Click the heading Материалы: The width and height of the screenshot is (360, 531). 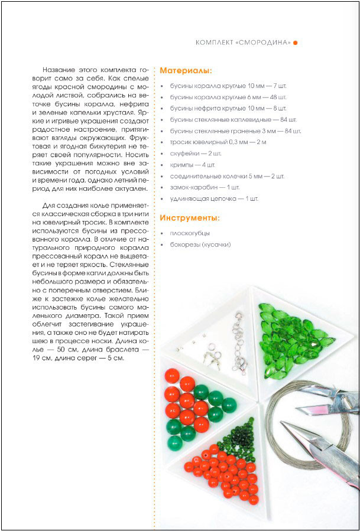click(186, 71)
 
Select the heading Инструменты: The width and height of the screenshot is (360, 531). click(190, 218)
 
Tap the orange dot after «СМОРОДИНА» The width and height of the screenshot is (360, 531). click(296, 43)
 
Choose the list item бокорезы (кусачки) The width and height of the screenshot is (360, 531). click(200, 245)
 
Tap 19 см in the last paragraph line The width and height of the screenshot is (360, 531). click(36, 359)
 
